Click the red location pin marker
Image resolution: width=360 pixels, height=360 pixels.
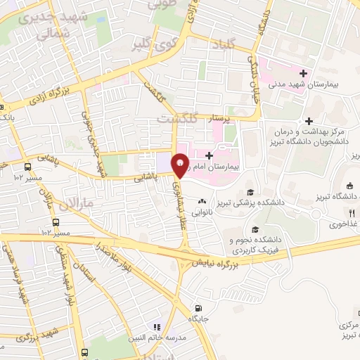[x=181, y=165]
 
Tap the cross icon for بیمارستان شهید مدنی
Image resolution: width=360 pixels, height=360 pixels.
[x=303, y=72]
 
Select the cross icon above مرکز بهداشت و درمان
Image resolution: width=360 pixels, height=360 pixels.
[x=309, y=121]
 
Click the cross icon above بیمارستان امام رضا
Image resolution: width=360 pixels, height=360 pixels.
[x=209, y=155]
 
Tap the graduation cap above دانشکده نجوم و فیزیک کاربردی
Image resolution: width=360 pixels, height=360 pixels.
[x=255, y=230]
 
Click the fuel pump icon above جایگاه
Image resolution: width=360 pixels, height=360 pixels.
[x=198, y=307]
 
